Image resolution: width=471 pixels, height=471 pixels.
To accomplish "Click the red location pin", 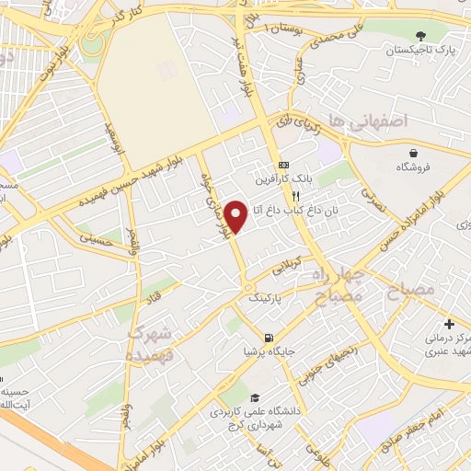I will (236, 215).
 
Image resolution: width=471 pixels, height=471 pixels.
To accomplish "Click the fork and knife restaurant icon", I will (295, 196).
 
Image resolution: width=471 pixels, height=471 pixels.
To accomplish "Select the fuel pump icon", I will (268, 337).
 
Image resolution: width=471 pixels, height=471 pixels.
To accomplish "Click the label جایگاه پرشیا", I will (264, 351).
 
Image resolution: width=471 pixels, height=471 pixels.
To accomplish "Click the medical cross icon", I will (449, 324).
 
